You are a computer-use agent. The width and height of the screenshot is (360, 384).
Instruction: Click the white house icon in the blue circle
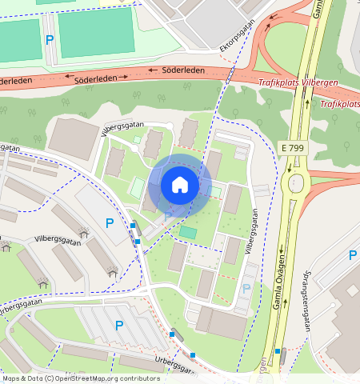click(180, 185)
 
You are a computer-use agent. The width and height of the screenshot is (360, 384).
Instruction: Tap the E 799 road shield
click(294, 148)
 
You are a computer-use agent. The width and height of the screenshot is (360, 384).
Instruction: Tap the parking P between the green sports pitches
click(50, 39)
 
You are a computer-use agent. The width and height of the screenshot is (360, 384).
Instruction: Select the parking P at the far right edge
click(352, 255)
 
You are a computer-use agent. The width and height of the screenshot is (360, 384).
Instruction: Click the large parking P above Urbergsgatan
click(119, 325)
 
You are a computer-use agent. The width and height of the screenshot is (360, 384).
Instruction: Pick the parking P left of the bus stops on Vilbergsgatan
click(109, 222)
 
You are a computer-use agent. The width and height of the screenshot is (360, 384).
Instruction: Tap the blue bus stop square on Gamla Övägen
click(278, 350)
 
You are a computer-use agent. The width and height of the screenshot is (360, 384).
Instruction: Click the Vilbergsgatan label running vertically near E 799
click(252, 231)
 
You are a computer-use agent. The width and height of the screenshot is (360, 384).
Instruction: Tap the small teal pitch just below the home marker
click(188, 232)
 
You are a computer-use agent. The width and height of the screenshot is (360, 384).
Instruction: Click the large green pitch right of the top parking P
click(96, 31)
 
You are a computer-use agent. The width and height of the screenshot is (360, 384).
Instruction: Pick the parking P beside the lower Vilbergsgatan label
click(246, 288)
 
